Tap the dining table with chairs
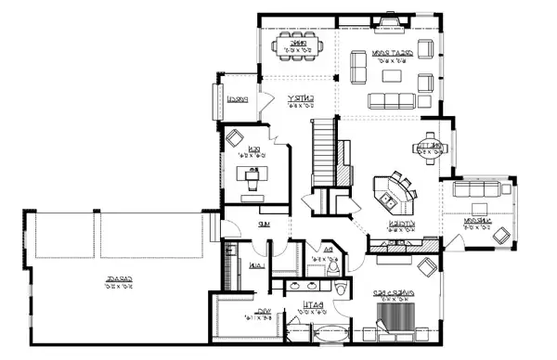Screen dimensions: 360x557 (x=298, y=46)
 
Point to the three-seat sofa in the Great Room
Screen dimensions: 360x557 (x=394, y=99)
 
